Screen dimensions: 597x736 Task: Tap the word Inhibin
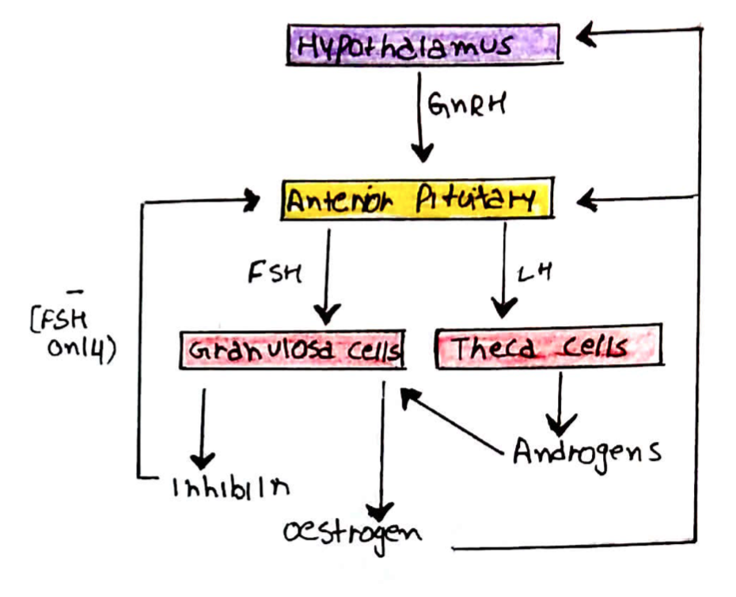230,484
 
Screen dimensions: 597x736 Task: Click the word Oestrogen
352,532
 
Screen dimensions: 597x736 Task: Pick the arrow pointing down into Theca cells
503,269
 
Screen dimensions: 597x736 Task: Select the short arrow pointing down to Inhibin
203,428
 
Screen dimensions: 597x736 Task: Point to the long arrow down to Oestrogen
383,451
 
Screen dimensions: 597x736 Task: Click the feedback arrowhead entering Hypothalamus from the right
590,33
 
